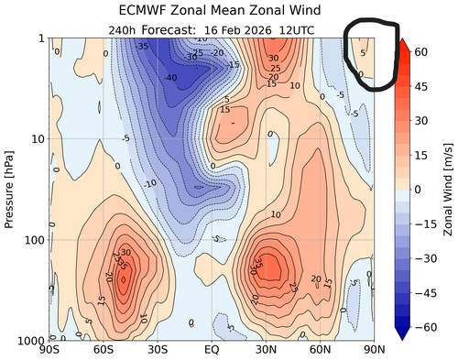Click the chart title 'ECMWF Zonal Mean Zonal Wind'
[213, 10]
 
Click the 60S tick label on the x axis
[103, 349]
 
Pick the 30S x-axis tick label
[158, 349]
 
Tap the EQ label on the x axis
[211, 349]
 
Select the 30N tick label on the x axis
[266, 349]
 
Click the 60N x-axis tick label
[320, 349]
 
